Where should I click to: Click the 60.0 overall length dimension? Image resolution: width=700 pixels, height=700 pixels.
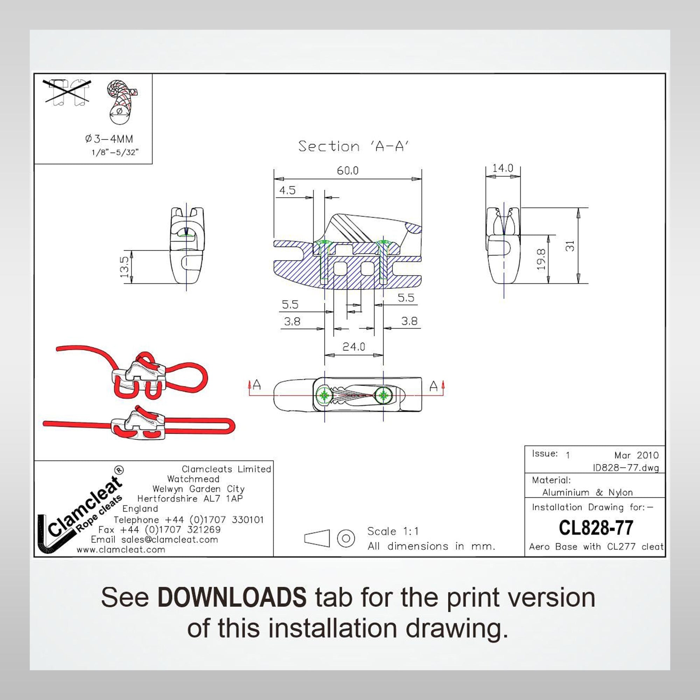[348, 170]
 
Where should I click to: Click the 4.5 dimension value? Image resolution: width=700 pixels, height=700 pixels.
[287, 190]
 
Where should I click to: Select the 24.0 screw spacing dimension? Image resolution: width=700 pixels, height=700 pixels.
[353, 347]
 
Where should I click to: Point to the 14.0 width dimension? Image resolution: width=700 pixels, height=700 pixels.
[503, 168]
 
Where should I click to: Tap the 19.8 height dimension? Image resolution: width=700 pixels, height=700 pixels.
[541, 259]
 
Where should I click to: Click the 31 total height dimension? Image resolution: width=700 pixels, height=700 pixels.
[570, 246]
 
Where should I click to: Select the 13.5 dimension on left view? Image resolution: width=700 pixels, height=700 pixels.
[124, 267]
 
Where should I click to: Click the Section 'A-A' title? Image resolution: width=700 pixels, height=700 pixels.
[353, 146]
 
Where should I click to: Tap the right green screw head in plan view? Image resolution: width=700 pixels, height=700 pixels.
[383, 395]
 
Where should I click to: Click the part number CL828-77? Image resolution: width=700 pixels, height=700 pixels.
[596, 527]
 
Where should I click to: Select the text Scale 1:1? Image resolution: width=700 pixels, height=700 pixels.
[393, 531]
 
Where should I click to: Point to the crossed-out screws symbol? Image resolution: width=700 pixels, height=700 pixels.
[67, 92]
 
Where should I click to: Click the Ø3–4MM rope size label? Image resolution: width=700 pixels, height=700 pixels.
[109, 139]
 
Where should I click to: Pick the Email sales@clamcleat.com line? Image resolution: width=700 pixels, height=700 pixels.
[154, 539]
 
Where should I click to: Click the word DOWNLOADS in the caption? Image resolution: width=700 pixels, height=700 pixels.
[232, 597]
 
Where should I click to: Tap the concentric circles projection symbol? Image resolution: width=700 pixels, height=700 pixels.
[346, 538]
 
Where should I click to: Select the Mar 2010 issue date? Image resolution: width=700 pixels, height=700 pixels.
[636, 455]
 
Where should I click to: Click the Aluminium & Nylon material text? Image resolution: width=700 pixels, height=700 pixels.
[587, 492]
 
